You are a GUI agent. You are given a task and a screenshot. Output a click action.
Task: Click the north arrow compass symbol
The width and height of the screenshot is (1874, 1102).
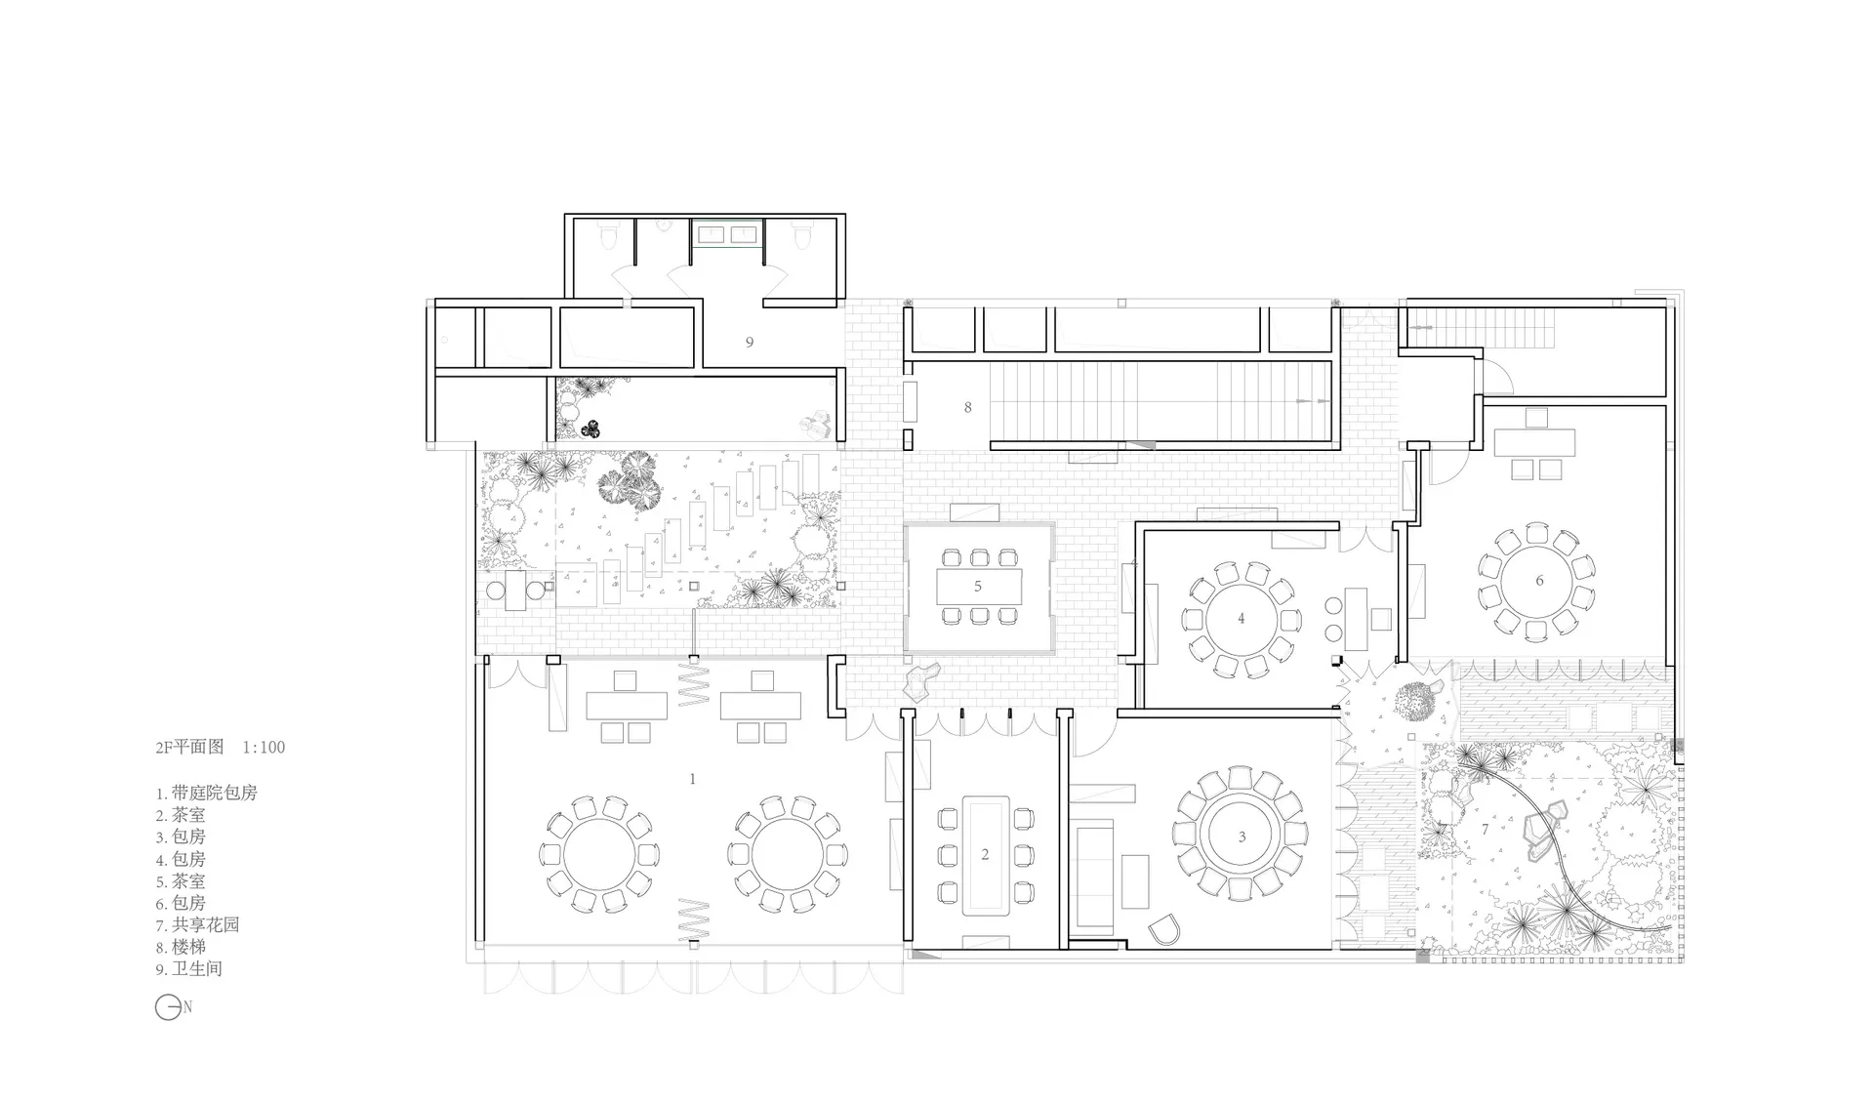tap(168, 1007)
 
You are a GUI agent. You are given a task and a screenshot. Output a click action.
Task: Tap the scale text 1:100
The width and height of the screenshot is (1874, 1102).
tap(264, 748)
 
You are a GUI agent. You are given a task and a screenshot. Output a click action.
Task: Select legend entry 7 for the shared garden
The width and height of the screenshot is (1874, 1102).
tap(197, 924)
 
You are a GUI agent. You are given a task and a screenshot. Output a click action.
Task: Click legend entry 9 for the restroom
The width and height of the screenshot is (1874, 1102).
tap(189, 969)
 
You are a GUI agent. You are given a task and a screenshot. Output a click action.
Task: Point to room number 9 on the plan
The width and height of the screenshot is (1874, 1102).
tap(750, 342)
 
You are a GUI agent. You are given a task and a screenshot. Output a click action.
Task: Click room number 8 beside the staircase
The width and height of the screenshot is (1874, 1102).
tap(967, 407)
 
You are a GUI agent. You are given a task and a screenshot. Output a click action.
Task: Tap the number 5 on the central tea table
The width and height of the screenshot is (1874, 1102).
tap(977, 586)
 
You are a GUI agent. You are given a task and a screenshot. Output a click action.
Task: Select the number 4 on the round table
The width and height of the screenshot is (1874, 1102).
tap(1242, 618)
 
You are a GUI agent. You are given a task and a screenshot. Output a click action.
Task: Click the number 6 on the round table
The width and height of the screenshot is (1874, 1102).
tap(1540, 581)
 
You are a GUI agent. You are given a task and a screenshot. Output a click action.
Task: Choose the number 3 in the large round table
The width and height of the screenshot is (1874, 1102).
tap(1242, 837)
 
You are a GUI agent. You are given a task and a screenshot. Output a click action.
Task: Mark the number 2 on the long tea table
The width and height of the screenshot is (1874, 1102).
tap(985, 854)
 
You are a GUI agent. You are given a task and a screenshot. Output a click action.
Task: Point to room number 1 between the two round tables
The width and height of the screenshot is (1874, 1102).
tap(693, 779)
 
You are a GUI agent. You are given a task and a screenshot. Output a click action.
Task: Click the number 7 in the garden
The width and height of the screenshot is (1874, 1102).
tap(1486, 830)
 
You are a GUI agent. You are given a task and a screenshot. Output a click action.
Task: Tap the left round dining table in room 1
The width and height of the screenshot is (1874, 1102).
tap(600, 854)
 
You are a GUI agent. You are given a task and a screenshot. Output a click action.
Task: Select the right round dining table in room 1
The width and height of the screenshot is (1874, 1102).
tap(790, 854)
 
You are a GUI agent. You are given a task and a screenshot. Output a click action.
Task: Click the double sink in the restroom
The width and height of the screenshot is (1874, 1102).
tap(727, 234)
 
